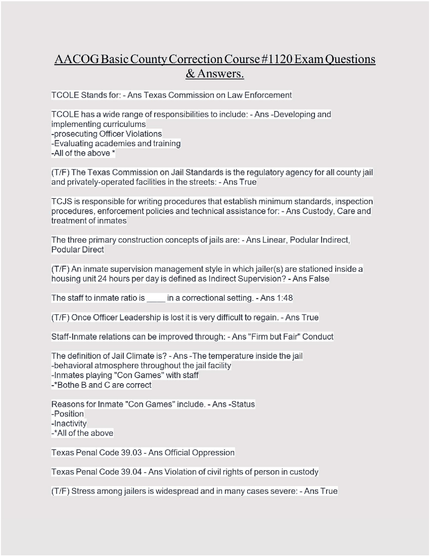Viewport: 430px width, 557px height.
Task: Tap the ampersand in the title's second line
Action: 190,74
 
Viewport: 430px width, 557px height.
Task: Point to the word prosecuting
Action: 76,134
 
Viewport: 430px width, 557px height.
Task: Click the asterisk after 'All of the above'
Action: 114,153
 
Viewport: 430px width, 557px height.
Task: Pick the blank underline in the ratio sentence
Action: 156,299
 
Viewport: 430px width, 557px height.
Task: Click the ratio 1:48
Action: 284,298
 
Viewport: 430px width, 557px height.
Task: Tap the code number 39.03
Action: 131,453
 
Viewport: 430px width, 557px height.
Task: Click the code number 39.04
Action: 131,472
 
